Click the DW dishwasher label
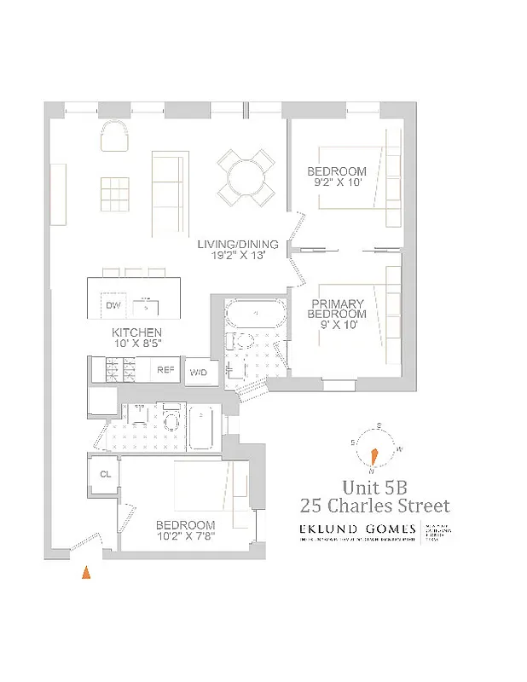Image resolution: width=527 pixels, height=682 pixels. pyautogui.click(x=113, y=305)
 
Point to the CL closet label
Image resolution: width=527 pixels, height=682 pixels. pyautogui.click(x=106, y=475)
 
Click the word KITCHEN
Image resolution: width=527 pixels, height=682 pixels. pyautogui.click(x=136, y=332)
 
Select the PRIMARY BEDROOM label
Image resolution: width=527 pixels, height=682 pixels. pyautogui.click(x=337, y=309)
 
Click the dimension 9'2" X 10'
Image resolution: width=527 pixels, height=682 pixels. pyautogui.click(x=337, y=183)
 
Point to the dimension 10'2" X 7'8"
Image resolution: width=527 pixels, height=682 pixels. pyautogui.click(x=185, y=537)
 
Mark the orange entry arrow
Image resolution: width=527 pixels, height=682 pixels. pyautogui.click(x=85, y=573)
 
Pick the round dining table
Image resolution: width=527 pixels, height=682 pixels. pyautogui.click(x=245, y=178)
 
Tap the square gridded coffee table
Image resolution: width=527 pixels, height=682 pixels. pyautogui.click(x=115, y=192)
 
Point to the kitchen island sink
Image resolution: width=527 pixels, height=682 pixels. pyautogui.click(x=147, y=305)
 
